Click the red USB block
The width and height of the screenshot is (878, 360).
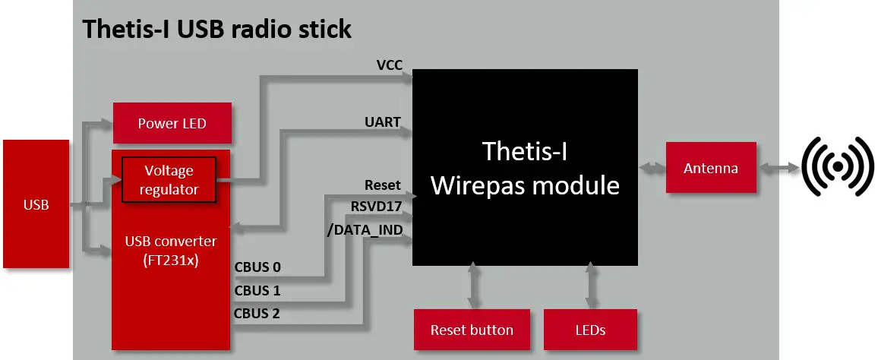pyautogui.click(x=36, y=204)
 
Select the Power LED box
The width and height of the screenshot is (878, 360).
pyautogui.click(x=172, y=123)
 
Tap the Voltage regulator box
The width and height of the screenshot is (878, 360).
pyautogui.click(x=169, y=180)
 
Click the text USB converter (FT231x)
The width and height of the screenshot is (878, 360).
pyautogui.click(x=170, y=249)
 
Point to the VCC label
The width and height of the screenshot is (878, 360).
pyautogui.click(x=389, y=65)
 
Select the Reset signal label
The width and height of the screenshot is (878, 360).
pyautogui.click(x=382, y=185)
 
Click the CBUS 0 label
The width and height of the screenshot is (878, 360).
pyautogui.click(x=257, y=267)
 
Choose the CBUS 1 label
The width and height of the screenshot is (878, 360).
pyautogui.click(x=257, y=290)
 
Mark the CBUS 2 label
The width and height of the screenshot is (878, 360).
pyautogui.click(x=257, y=313)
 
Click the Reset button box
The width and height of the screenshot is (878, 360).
pyautogui.click(x=472, y=330)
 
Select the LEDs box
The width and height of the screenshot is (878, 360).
pyautogui.click(x=590, y=330)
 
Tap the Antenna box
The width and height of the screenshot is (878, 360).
pyautogui.click(x=710, y=168)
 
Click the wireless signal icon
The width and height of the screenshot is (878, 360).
pyautogui.click(x=838, y=166)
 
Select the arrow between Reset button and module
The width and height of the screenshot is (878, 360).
pyautogui.click(x=474, y=286)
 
